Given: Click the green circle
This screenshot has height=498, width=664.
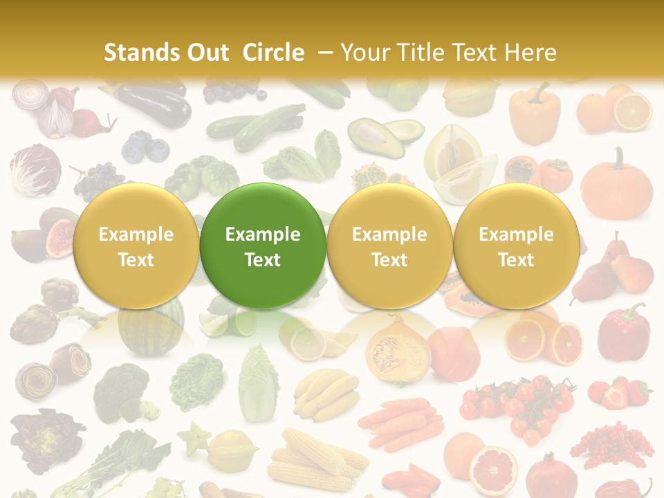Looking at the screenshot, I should [263, 246].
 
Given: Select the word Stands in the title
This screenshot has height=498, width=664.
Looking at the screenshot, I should [136, 53].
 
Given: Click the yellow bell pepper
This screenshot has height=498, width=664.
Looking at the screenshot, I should [534, 112].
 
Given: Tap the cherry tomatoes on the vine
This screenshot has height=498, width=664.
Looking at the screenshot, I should [519, 405].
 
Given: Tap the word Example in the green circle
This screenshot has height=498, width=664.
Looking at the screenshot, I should [263, 234].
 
